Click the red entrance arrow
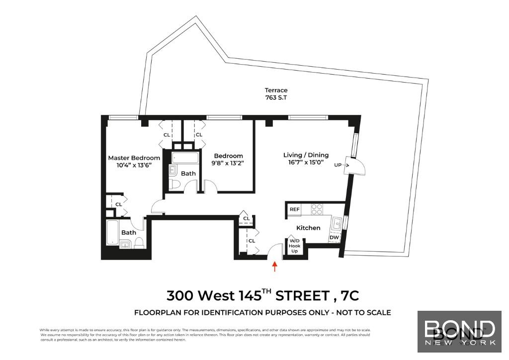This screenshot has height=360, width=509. (274, 267)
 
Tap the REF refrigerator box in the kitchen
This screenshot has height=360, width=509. (294, 210)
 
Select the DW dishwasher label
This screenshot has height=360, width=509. (334, 238)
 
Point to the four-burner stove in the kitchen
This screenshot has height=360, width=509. (317, 209)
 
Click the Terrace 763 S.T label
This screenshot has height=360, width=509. (276, 93)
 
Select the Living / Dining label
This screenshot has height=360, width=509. (306, 155)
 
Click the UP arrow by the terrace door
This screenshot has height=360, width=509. (342, 165)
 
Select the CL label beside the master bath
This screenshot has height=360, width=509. (118, 204)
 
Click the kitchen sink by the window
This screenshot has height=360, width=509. (337, 223)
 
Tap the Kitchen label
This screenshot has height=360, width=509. (308, 228)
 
